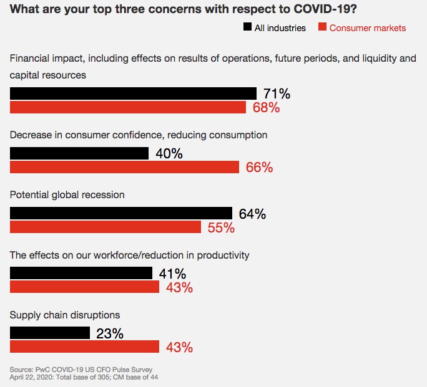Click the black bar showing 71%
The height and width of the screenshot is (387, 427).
click(x=133, y=93)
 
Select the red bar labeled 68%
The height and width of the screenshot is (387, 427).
click(x=128, y=107)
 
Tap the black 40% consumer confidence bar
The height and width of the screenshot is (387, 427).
click(x=79, y=153)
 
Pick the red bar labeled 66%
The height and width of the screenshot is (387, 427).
click(x=124, y=167)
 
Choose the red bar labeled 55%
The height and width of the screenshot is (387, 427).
click(x=106, y=227)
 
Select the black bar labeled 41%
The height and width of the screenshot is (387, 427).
click(x=81, y=273)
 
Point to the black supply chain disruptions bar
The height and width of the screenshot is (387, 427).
click(x=50, y=333)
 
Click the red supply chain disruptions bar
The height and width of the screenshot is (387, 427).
click(x=85, y=346)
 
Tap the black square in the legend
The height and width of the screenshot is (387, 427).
click(x=248, y=27)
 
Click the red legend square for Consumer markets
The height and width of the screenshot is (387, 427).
click(x=322, y=27)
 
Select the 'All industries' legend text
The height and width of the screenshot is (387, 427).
click(x=281, y=28)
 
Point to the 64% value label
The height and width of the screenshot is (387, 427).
click(x=252, y=214)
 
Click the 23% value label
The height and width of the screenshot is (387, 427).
click(x=110, y=333)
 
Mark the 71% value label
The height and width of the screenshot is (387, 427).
click(x=277, y=93)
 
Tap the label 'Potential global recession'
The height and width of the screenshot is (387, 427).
click(x=67, y=195)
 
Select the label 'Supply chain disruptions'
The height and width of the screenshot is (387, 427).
click(x=65, y=315)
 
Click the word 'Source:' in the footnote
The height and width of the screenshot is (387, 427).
click(x=22, y=369)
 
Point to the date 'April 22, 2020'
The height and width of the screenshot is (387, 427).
click(x=32, y=376)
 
